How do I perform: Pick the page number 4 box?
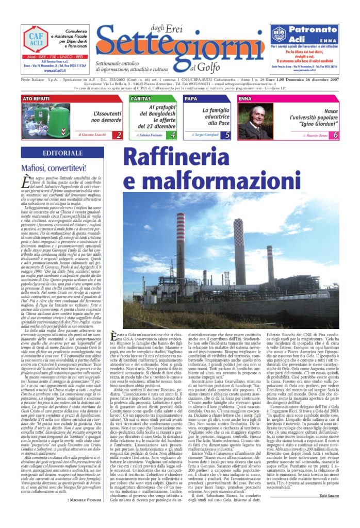click(x=173, y=135)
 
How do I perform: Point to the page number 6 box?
click(x=336, y=135)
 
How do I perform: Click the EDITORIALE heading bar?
click(x=63, y=154)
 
